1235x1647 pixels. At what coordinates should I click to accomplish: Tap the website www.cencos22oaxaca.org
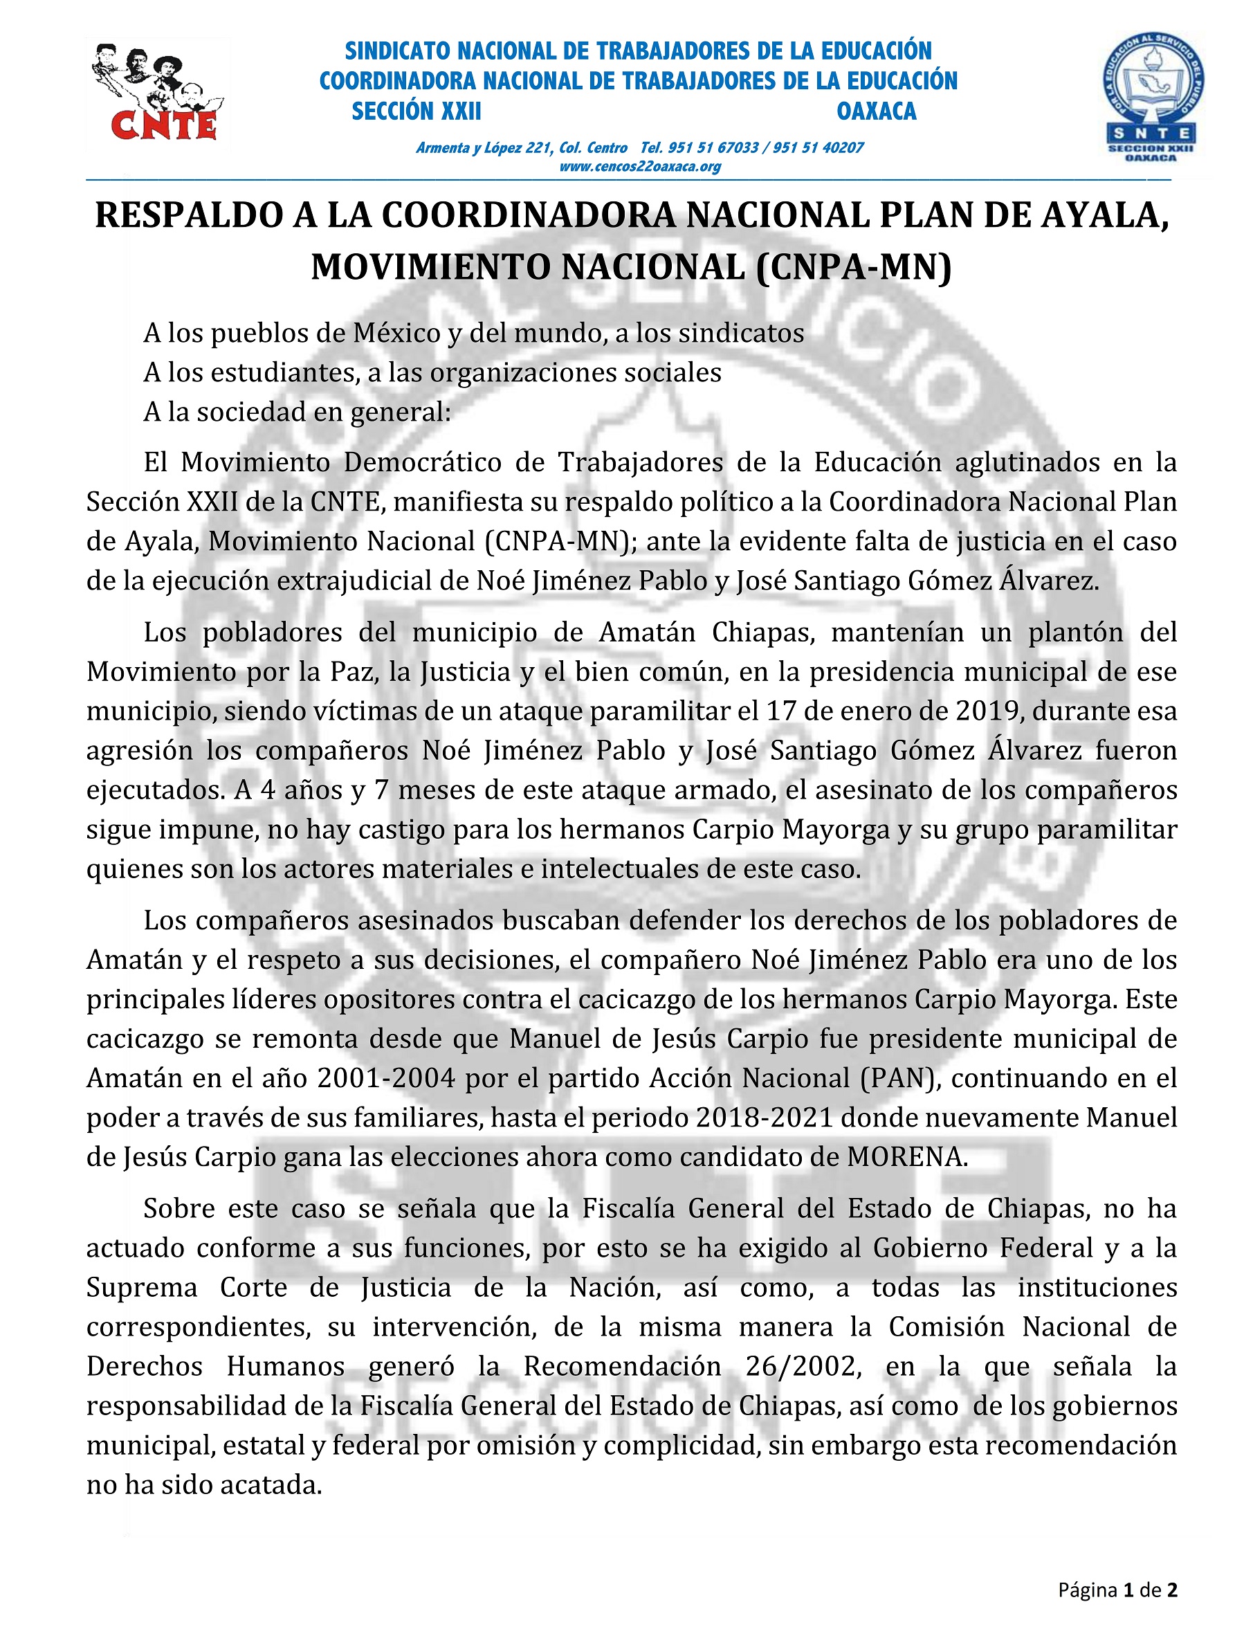coord(639,167)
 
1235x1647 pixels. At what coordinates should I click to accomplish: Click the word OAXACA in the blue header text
coord(876,111)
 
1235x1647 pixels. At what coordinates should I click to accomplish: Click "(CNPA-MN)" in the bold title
coord(853,266)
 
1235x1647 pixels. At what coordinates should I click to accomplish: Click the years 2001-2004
coord(385,1077)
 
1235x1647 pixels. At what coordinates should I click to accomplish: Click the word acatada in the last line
coord(275,1484)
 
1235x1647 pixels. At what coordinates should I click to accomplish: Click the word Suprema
coord(141,1287)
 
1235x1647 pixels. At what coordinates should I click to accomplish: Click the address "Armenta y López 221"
coord(482,147)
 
